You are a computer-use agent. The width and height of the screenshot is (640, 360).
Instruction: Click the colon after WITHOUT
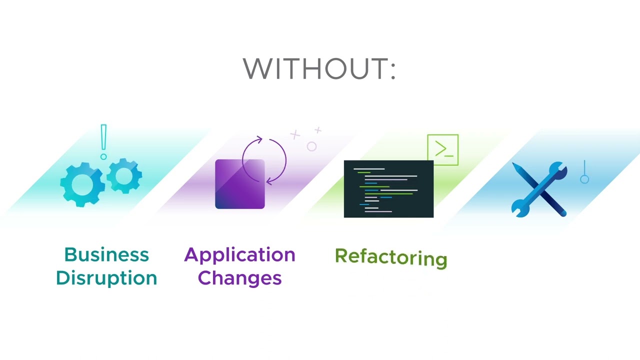pos(392,69)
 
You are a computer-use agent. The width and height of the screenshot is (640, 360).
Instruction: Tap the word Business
pos(106,255)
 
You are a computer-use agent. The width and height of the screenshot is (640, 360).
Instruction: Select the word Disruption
pos(106,278)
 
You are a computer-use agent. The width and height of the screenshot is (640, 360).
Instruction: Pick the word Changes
pos(239,278)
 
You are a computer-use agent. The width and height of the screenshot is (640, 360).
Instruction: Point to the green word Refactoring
pos(390,257)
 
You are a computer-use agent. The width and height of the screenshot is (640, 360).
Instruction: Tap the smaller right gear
pos(123,175)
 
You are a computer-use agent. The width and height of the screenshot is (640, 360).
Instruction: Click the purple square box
pos(239,184)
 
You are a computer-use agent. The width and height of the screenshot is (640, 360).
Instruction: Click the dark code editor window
pos(388,189)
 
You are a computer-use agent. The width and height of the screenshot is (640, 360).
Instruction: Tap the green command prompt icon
pos(442,149)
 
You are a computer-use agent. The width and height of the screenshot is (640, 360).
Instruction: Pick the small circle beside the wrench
pos(584,179)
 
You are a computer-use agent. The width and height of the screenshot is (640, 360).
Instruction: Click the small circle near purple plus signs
pos(311,146)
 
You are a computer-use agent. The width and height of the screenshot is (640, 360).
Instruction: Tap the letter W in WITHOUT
pos(258,68)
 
